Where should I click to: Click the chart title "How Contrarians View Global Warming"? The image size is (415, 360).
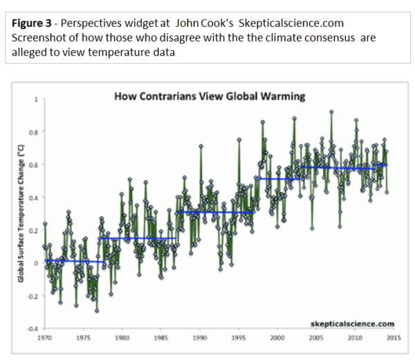(x=209, y=97)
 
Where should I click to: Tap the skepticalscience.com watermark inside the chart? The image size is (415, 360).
(x=353, y=323)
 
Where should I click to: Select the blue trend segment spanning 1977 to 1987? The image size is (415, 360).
(x=138, y=238)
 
